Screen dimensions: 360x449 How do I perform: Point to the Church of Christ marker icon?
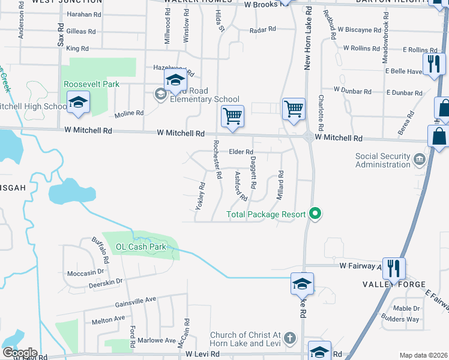pos(290,338)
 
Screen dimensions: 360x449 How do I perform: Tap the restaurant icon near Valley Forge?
pos(394,268)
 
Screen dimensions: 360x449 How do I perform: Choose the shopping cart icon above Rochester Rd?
pos(232,116)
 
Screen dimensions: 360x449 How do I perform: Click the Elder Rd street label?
pos(241,152)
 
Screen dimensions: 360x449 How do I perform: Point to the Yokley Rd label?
pos(200,196)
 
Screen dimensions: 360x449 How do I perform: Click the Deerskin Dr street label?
pos(103,281)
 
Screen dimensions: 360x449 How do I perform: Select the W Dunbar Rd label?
pos(353,91)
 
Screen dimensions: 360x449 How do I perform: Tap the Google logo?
pos(20,353)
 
